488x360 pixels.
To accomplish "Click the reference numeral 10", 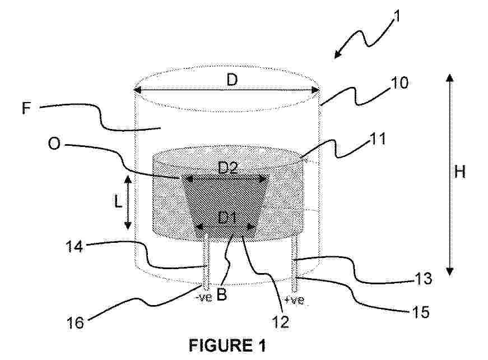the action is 399,83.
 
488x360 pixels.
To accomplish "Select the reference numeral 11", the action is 378,139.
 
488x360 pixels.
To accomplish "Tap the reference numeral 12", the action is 280,321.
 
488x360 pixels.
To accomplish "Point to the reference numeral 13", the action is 423,278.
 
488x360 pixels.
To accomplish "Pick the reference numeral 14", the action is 75,247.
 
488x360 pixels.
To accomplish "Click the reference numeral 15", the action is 421,312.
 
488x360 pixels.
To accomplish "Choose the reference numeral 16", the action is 75,323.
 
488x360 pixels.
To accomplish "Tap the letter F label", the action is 27,108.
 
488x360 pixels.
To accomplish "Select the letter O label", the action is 54,144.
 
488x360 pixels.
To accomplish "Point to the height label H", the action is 459,172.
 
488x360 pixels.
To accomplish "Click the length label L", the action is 118,202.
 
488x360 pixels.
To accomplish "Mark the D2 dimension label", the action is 228,168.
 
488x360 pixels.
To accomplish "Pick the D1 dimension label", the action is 227,218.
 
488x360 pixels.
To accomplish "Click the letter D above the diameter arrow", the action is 232,80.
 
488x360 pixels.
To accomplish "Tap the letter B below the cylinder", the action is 221,294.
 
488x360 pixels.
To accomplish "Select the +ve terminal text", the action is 294,300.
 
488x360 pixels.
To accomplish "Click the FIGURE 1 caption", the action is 227,345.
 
